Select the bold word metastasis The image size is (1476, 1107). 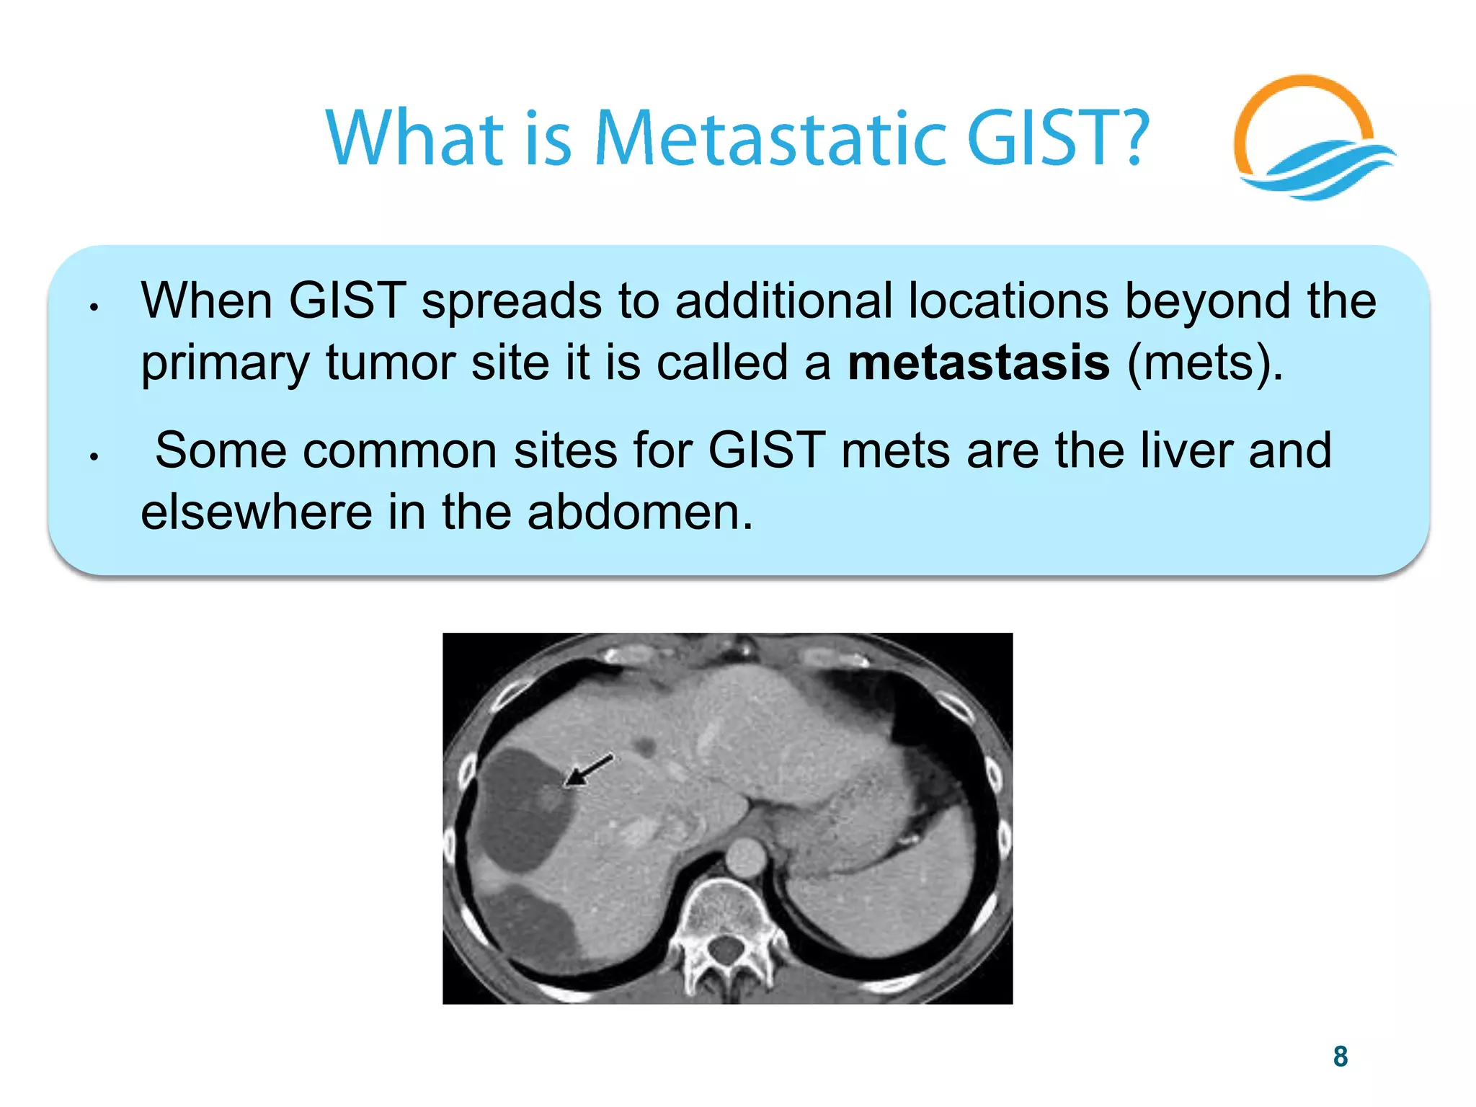tap(978, 362)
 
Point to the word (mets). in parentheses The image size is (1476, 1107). tap(1204, 363)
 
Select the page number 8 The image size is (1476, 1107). tap(1340, 1057)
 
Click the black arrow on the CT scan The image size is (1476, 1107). tap(588, 770)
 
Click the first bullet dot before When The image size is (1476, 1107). tap(94, 308)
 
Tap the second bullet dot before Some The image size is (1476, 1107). tap(94, 457)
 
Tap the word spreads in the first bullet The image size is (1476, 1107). tap(511, 301)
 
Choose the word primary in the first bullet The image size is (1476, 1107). tap(224, 363)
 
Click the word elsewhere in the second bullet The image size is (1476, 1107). tap(256, 512)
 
